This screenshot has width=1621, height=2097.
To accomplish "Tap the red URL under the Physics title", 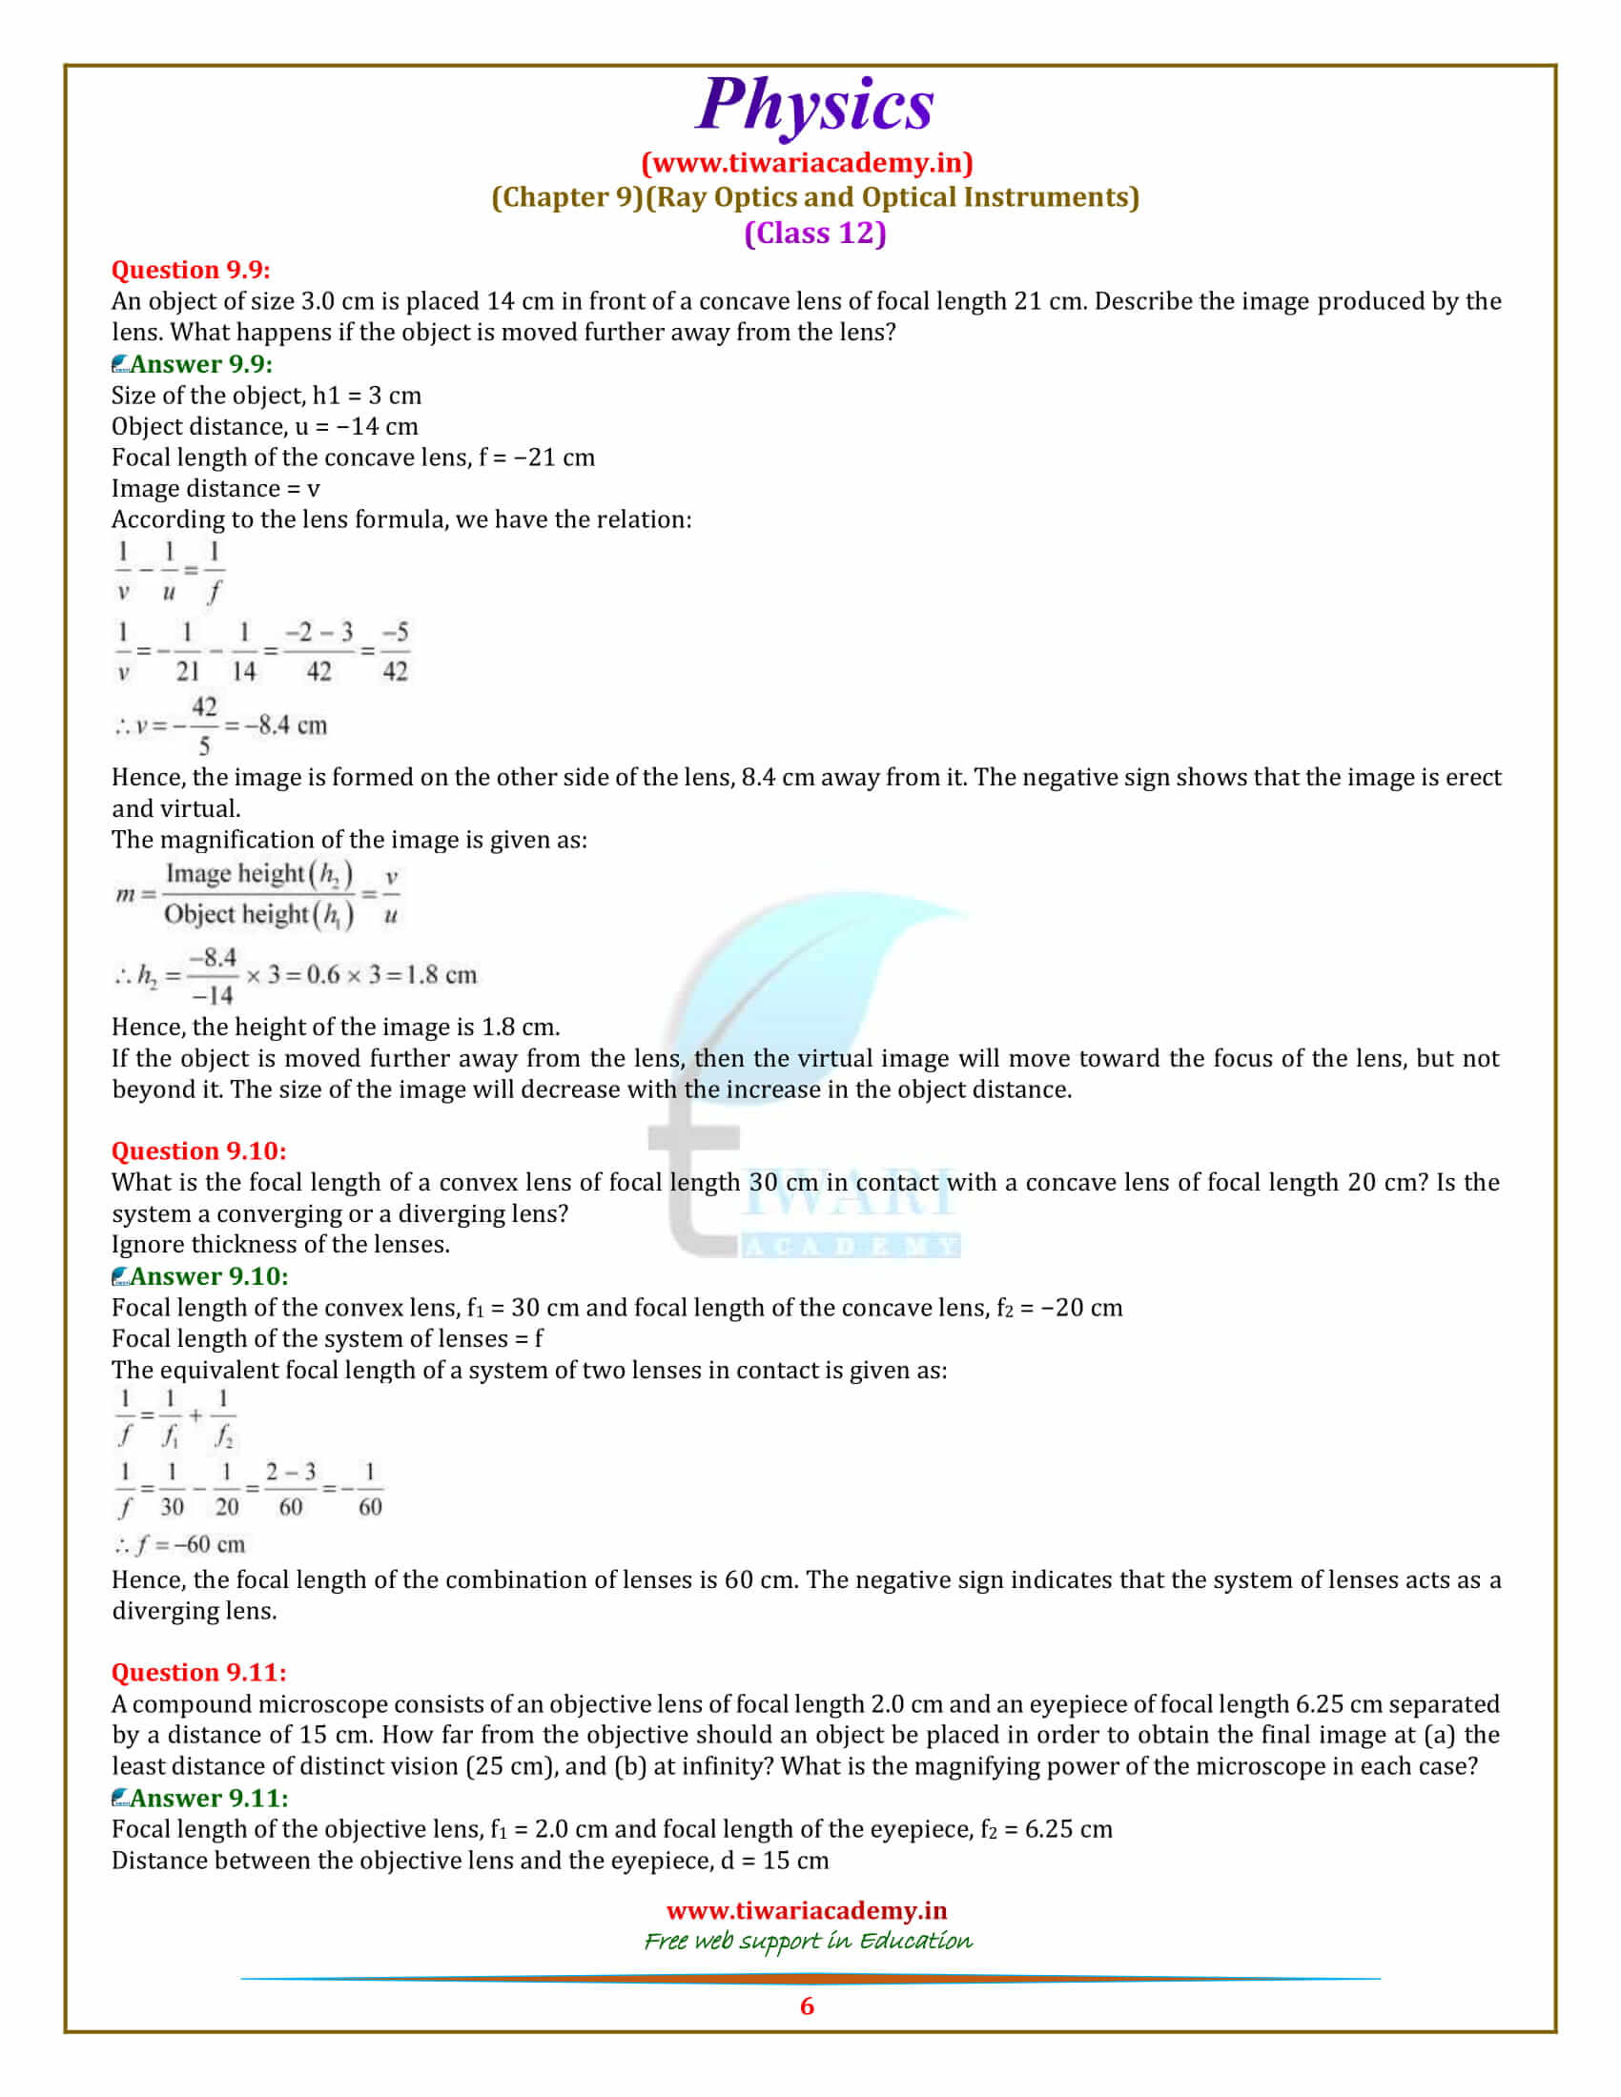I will pyautogui.click(x=807, y=163).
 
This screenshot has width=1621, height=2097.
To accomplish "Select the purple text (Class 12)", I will pyautogui.click(x=814, y=234).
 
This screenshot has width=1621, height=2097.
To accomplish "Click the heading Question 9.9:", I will pyautogui.click(x=191, y=270).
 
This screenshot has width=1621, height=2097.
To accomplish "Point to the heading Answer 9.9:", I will pyautogui.click(x=200, y=364).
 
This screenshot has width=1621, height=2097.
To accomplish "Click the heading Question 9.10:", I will pyautogui.click(x=198, y=1150).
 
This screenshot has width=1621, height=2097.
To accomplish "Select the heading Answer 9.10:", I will pyautogui.click(x=209, y=1276).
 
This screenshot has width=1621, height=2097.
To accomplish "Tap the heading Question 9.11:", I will pyautogui.click(x=198, y=1672).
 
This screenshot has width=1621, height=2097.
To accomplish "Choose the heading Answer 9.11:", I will pyautogui.click(x=209, y=1798).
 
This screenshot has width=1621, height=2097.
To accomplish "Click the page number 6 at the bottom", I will pyautogui.click(x=807, y=2005).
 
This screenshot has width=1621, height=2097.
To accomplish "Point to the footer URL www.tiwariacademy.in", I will pyautogui.click(x=807, y=1911).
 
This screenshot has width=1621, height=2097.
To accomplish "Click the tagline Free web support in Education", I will pyautogui.click(x=808, y=1941).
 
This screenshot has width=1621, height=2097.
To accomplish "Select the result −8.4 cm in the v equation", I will pyautogui.click(x=286, y=725).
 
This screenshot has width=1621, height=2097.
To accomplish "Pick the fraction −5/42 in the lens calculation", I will pyautogui.click(x=395, y=651).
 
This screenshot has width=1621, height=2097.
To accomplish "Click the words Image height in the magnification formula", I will pyautogui.click(x=235, y=874).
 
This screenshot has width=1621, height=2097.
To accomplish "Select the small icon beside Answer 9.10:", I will pyautogui.click(x=120, y=1277).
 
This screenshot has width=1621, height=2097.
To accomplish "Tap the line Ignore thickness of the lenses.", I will pyautogui.click(x=280, y=1244).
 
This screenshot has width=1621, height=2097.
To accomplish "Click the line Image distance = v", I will pyautogui.click(x=215, y=489).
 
